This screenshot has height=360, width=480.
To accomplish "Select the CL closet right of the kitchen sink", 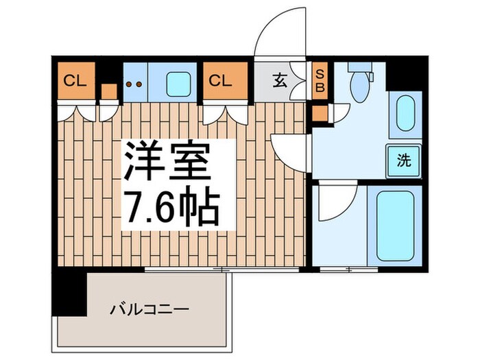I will [x=224, y=80].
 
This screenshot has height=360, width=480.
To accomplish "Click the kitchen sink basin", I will [x=180, y=84].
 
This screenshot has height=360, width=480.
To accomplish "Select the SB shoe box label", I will [x=319, y=80].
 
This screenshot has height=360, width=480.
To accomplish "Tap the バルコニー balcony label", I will [x=149, y=309].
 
